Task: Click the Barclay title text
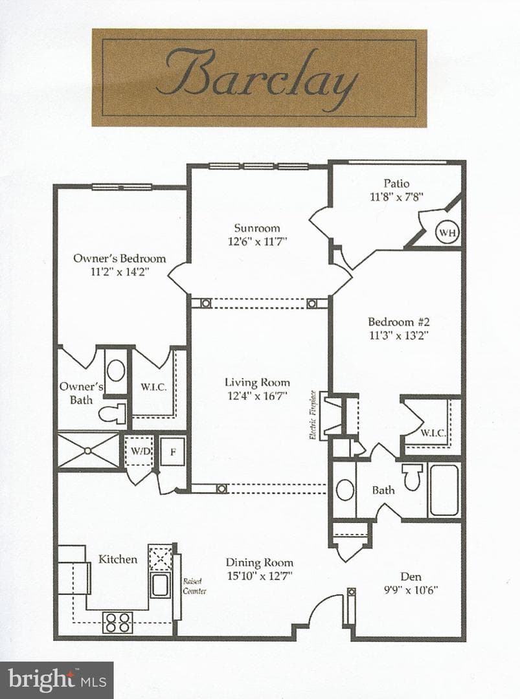tap(259, 77)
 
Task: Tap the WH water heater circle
tap(447, 232)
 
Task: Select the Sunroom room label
tap(257, 228)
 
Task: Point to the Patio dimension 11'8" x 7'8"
tap(396, 197)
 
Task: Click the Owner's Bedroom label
tap(120, 258)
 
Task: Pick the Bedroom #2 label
tap(399, 322)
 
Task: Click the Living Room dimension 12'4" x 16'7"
tap(257, 395)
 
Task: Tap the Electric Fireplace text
tap(313, 415)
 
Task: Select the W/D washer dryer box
tap(140, 451)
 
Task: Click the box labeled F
tap(173, 452)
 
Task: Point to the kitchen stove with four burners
tap(118, 623)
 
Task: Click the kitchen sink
tap(160, 585)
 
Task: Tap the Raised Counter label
tap(194, 586)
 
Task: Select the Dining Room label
tap(259, 562)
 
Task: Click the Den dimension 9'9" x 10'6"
tap(411, 590)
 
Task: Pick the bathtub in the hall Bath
tap(444, 491)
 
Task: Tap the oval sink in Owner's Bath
tap(116, 371)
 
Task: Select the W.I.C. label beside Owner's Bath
tap(154, 387)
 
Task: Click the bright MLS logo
tap(57, 680)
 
